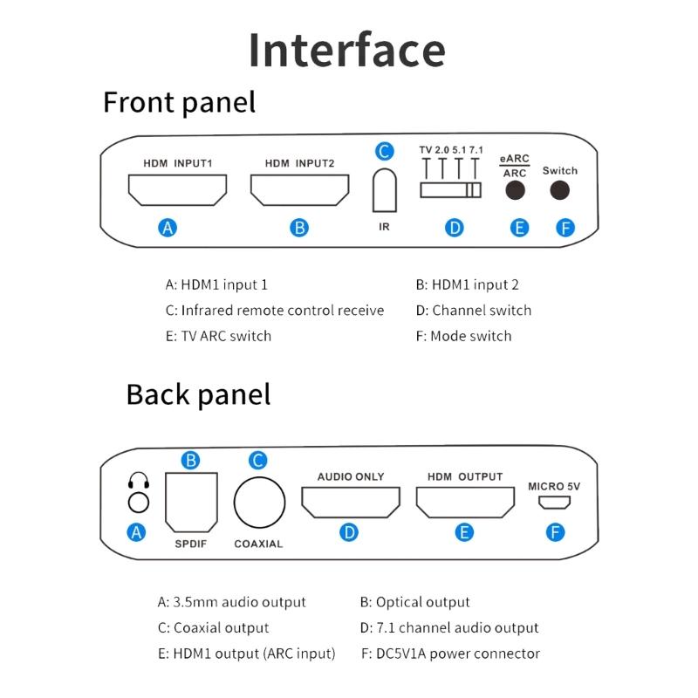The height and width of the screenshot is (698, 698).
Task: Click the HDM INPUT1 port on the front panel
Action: tap(177, 189)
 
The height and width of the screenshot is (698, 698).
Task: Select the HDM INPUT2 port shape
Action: tap(299, 189)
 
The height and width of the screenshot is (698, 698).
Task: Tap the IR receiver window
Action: tap(384, 189)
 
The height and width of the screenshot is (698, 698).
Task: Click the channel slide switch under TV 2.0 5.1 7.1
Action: tap(450, 190)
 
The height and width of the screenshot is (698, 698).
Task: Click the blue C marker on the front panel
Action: tap(384, 152)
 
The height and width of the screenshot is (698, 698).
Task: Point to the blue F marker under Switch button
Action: tap(565, 228)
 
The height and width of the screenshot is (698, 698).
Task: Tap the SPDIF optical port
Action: tap(191, 502)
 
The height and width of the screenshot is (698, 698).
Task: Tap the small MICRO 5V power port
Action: tap(554, 503)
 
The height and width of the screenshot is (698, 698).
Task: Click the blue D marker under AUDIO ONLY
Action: tap(350, 531)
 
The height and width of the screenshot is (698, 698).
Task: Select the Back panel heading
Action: tap(198, 393)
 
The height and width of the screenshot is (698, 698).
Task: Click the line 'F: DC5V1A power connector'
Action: tap(450, 653)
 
